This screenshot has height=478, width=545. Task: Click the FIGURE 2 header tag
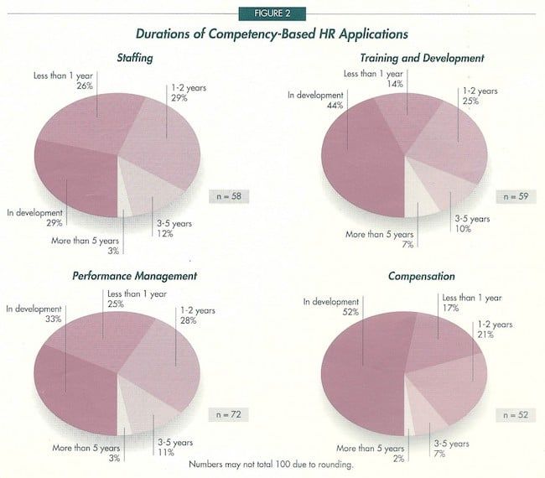tap(272, 13)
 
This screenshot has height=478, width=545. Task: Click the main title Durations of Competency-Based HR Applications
tap(272, 35)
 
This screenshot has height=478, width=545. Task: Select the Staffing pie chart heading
tap(142, 58)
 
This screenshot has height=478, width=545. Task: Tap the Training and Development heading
tap(423, 58)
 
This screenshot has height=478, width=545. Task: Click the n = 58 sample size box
tap(226, 196)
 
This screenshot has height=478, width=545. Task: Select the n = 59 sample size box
tap(506, 196)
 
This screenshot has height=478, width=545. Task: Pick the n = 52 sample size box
tap(505, 413)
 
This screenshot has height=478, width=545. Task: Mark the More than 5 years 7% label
tap(378, 237)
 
